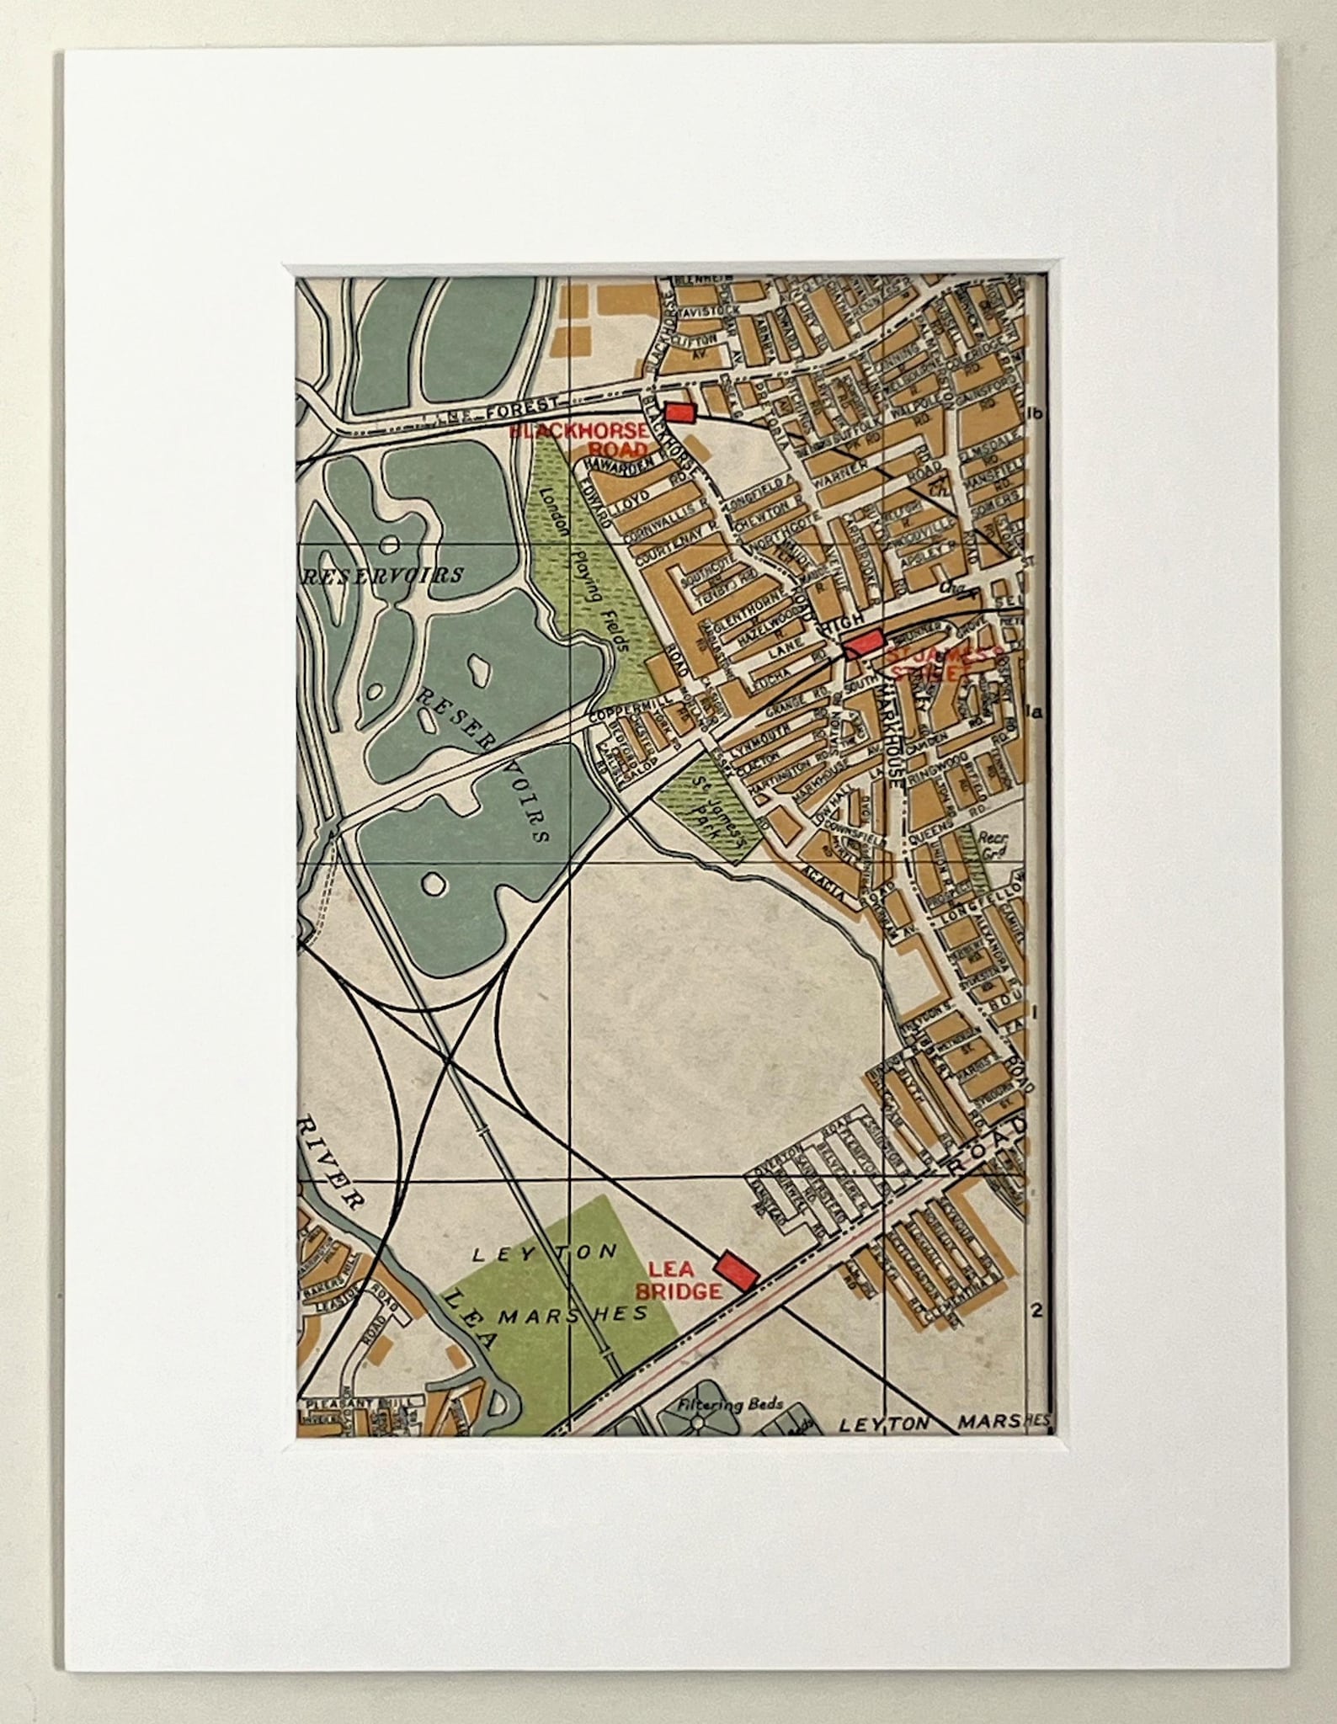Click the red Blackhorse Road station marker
679,412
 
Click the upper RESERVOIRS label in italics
383,576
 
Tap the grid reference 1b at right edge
1036,412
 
